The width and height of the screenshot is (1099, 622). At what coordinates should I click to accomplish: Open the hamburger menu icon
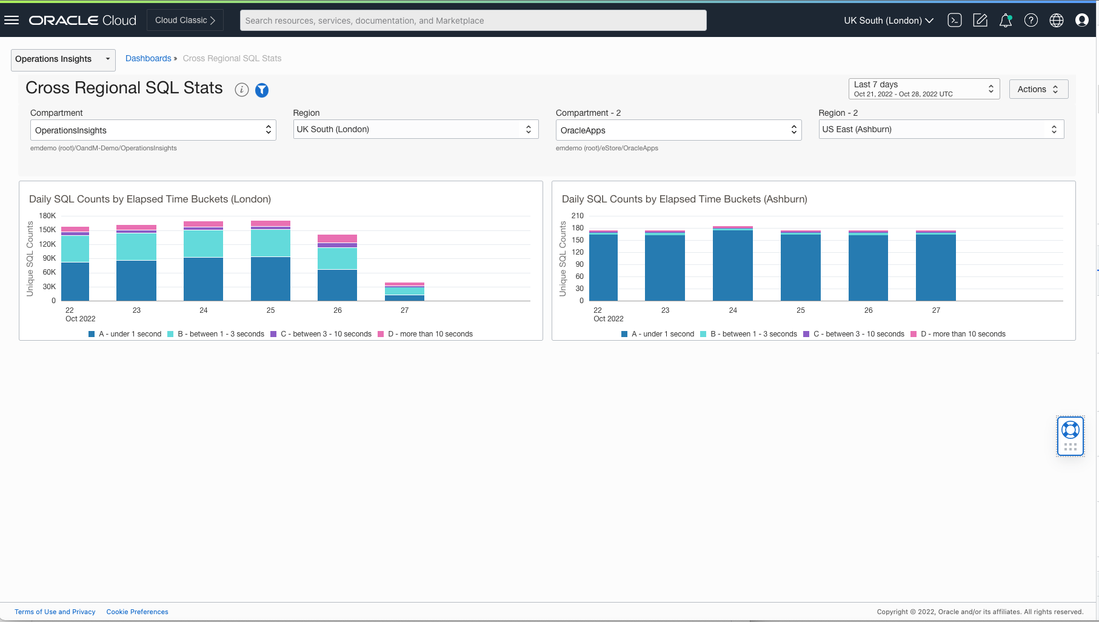click(x=12, y=20)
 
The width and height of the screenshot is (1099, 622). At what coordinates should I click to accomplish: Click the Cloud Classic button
click(x=185, y=20)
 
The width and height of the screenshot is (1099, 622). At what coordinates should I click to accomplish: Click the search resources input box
click(x=473, y=21)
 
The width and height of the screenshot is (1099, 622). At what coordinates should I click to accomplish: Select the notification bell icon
click(x=1005, y=21)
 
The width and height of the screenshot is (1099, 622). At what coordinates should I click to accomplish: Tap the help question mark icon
click(x=1031, y=21)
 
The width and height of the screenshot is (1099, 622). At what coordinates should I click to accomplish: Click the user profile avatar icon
click(x=1081, y=21)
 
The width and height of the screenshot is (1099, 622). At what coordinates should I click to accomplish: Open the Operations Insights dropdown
click(x=63, y=59)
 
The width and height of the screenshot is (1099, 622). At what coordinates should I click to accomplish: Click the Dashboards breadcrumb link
click(x=148, y=58)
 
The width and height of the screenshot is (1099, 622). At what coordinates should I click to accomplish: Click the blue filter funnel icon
click(x=262, y=90)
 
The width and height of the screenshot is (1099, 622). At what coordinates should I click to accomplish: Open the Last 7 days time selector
click(x=923, y=89)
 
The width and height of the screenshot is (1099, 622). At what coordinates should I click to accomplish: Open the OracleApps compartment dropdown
click(x=678, y=130)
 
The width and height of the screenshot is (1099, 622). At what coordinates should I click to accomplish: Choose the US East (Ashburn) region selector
click(x=941, y=129)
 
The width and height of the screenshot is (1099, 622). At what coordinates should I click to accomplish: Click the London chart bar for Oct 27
click(x=404, y=292)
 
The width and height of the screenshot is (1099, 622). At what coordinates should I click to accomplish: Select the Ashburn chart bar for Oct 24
click(x=732, y=264)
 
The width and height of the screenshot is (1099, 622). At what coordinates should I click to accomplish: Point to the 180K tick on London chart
click(x=47, y=216)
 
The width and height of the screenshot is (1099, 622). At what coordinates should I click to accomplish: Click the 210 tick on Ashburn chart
click(x=578, y=216)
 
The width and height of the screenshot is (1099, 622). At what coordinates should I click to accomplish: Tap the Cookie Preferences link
click(x=137, y=612)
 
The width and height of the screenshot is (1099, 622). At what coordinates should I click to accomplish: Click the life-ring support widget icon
click(x=1070, y=430)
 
